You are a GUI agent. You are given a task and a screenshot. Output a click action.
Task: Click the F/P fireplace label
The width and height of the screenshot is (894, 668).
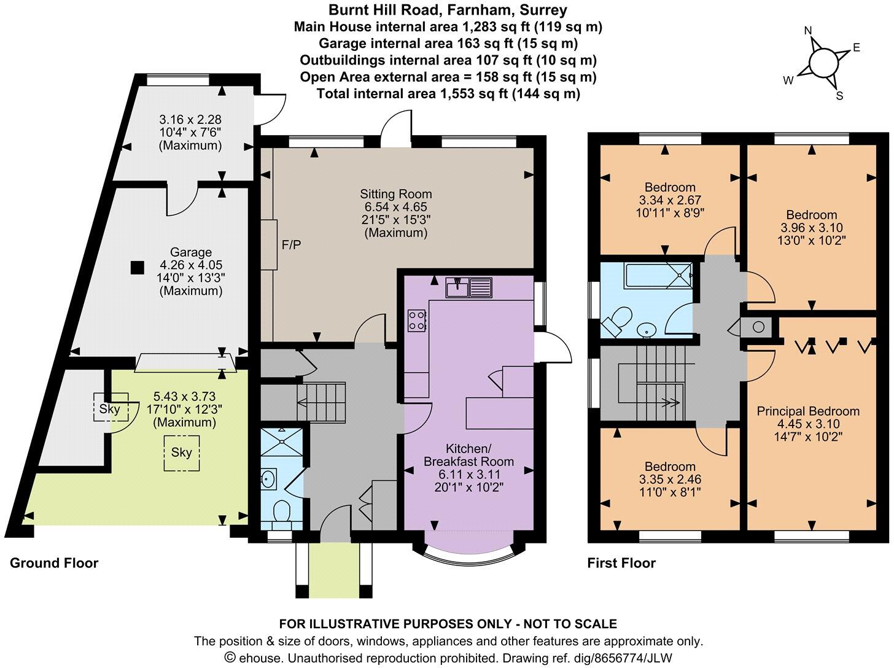(x=291, y=245)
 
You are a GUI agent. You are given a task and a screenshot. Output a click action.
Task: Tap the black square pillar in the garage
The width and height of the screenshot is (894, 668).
(x=138, y=267)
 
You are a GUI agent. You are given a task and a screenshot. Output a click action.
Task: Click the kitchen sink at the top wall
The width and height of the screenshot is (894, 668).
(x=470, y=287)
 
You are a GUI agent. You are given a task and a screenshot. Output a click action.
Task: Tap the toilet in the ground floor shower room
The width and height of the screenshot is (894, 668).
(x=282, y=512)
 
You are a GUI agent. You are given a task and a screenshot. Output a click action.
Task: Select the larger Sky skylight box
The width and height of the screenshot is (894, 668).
(x=182, y=452)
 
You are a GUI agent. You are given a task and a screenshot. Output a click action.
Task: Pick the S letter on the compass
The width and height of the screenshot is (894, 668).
(x=839, y=95)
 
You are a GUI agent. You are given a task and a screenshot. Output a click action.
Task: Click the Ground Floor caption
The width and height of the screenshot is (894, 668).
(x=54, y=563)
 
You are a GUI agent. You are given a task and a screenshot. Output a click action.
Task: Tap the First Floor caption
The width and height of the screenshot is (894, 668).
(x=621, y=563)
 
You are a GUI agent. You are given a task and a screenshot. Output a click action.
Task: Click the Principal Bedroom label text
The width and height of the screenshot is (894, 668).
(x=808, y=411)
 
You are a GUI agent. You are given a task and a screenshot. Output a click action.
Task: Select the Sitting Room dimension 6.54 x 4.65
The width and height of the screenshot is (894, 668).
(x=395, y=208)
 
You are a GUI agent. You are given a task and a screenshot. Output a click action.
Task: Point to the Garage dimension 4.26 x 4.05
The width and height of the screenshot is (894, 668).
(x=191, y=265)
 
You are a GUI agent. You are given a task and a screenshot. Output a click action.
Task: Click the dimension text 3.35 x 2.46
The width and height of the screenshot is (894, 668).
(x=670, y=479)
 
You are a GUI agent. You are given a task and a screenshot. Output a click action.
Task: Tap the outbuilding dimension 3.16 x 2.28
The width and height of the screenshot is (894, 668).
(x=190, y=118)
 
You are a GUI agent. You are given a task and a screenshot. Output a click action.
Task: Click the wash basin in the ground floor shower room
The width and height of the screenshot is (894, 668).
(x=268, y=478)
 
